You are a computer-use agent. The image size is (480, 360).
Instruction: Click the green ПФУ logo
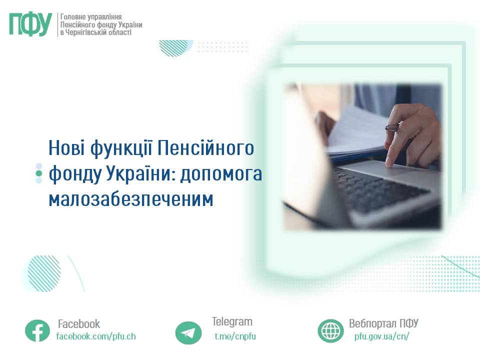tap(30, 24)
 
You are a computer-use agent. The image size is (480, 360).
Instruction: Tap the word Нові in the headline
tap(66, 148)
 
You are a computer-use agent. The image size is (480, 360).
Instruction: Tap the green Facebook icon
tap(37, 330)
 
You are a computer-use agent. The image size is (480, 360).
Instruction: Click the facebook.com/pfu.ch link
tap(96, 336)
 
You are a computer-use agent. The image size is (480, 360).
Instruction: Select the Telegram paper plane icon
tap(188, 333)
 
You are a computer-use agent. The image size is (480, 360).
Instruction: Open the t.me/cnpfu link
tap(235, 336)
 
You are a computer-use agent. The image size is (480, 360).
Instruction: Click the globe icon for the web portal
tap(330, 330)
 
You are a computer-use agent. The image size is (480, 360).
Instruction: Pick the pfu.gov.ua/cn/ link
tap(381, 336)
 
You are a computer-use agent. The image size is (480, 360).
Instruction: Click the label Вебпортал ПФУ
tap(383, 323)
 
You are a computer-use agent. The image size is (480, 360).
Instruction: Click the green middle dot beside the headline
tap(39, 173)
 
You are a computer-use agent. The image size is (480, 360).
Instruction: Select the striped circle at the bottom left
tap(44, 273)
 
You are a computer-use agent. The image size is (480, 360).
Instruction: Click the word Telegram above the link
tap(232, 321)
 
